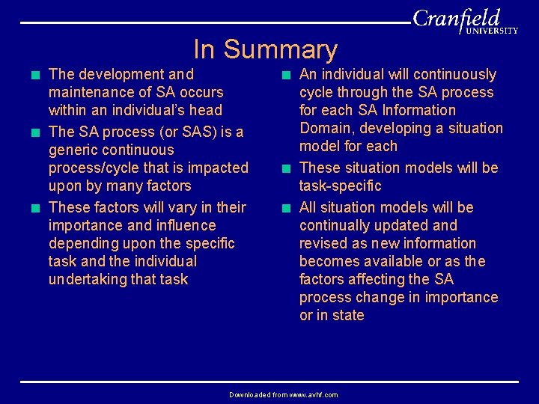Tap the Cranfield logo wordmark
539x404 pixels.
(x=456, y=18)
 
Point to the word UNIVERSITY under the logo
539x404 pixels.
(x=492, y=31)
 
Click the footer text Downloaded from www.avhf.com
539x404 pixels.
(x=283, y=394)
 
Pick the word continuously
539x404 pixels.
(x=455, y=75)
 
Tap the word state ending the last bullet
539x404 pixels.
(x=348, y=315)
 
